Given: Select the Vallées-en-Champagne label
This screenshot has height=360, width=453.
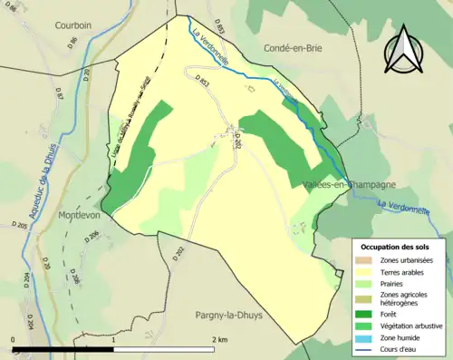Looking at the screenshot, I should coord(350,183).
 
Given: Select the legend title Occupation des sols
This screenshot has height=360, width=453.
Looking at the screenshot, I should coord(395,247).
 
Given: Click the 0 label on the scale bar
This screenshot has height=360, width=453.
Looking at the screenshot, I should coord(13,339).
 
